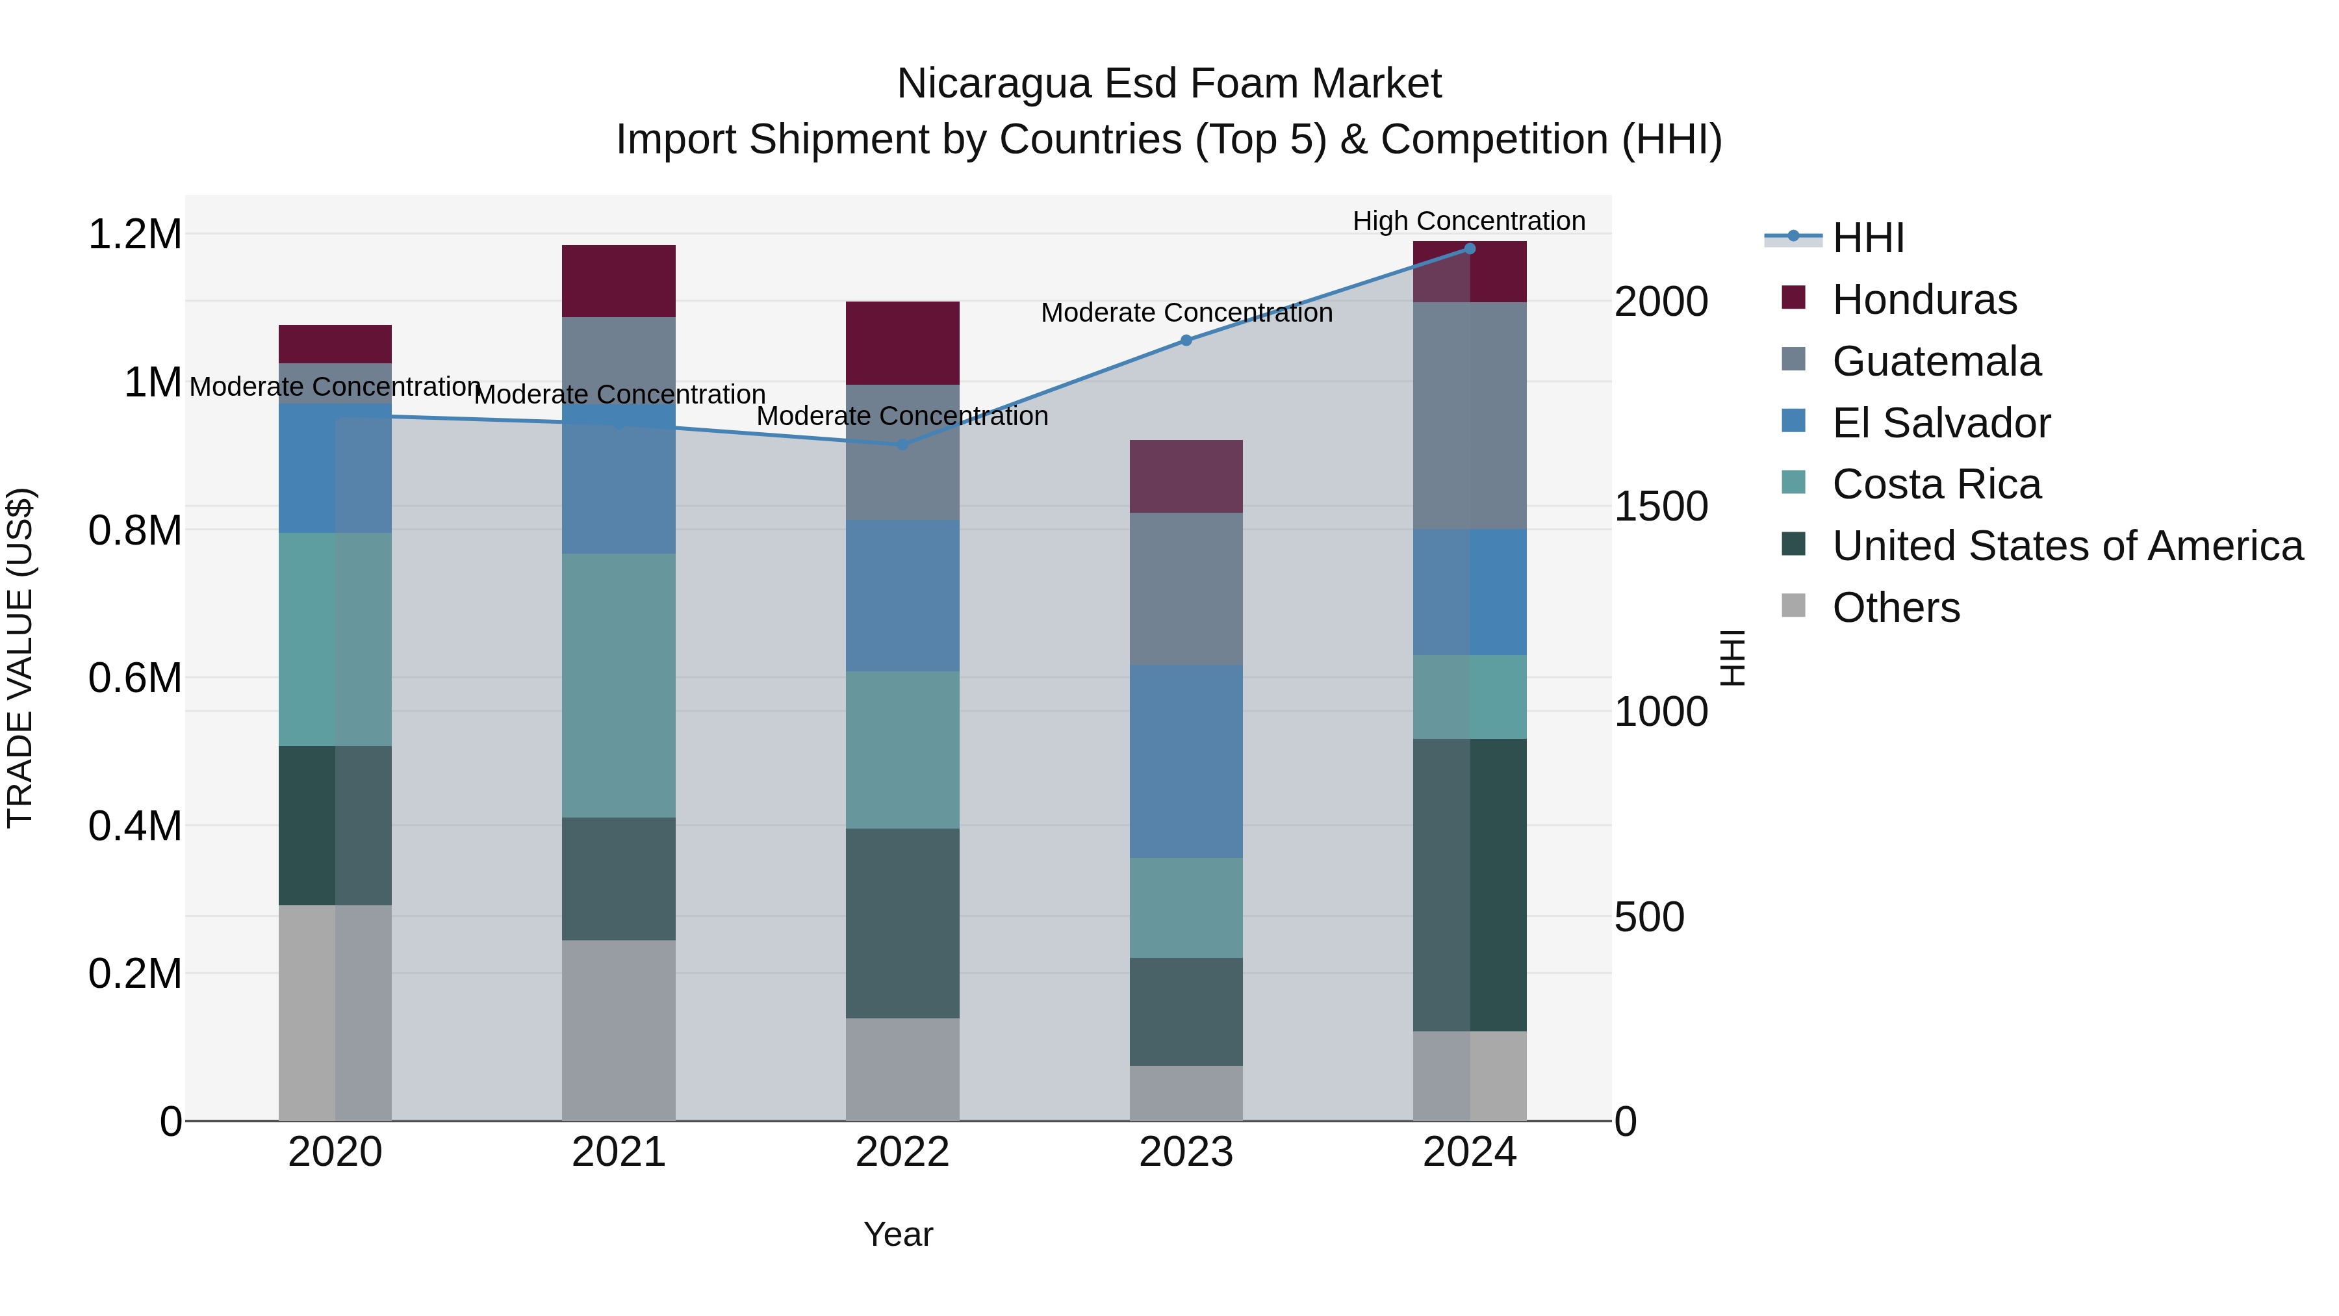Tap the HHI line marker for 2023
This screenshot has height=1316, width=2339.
[x=1186, y=341]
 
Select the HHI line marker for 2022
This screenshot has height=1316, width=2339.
[x=902, y=445]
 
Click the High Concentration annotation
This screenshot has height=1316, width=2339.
[x=1468, y=222]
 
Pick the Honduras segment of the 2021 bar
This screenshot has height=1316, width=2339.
[x=619, y=281]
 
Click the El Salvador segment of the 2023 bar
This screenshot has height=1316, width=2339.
[x=1186, y=761]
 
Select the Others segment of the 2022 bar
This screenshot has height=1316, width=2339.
[x=902, y=1069]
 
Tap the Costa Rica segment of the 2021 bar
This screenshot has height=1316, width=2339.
[x=619, y=686]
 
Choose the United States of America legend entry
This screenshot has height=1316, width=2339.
[x=2067, y=546]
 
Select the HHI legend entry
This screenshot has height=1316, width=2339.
[x=1868, y=238]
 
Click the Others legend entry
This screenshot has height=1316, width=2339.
[x=1896, y=608]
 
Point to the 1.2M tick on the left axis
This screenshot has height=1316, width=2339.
[x=134, y=235]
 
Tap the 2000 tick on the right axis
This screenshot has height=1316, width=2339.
[x=1661, y=302]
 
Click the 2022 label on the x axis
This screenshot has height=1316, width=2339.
[x=902, y=1152]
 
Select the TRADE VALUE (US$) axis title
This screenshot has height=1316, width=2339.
[x=20, y=658]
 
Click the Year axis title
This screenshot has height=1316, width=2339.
[x=898, y=1234]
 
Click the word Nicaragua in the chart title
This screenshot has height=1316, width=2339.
[x=993, y=84]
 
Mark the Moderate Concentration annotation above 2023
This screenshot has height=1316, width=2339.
[x=1186, y=313]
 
